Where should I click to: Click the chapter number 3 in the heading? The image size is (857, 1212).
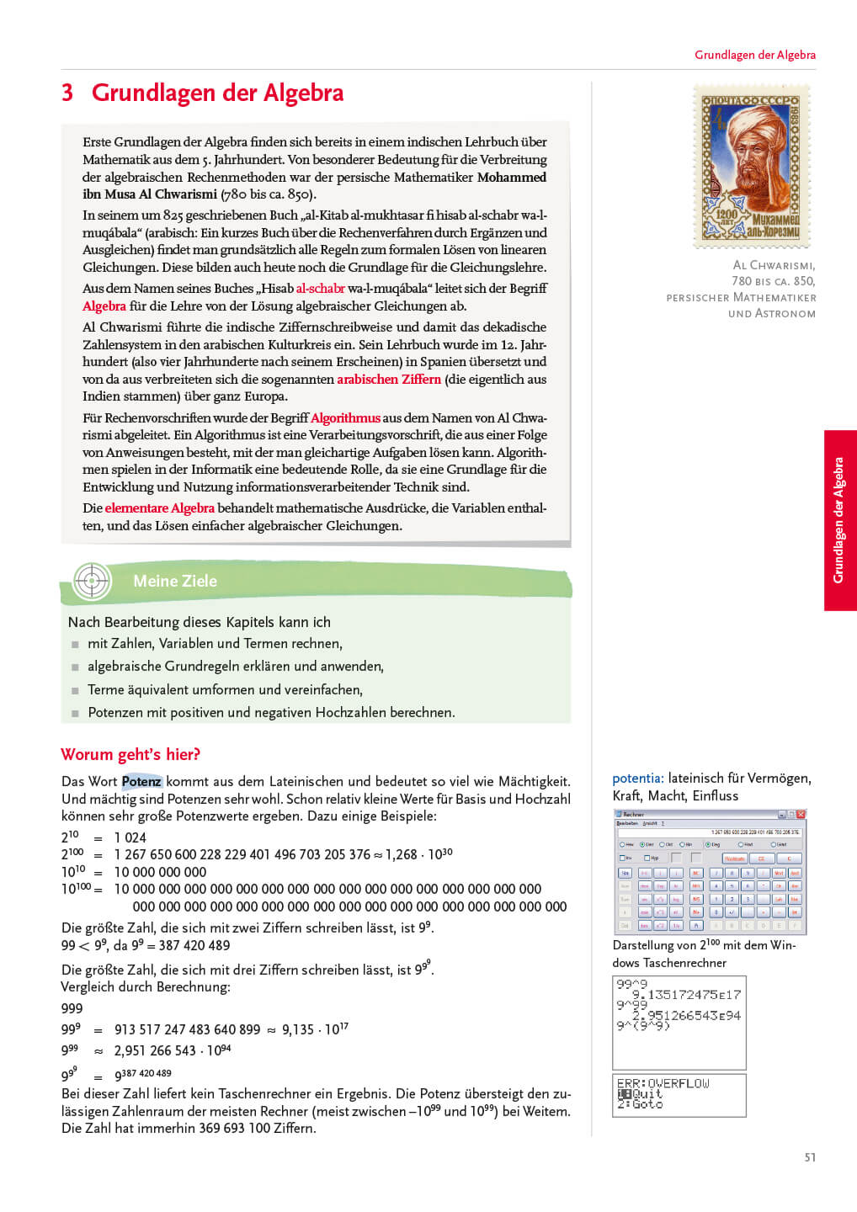click(67, 93)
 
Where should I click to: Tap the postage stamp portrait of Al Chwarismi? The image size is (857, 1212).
click(751, 166)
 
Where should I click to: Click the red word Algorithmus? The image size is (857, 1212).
click(345, 417)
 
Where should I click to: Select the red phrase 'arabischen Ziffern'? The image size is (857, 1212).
click(389, 379)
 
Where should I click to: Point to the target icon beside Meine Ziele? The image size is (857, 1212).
click(92, 580)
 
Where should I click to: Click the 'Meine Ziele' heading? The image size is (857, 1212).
click(175, 581)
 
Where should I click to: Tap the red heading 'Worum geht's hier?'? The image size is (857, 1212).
click(130, 754)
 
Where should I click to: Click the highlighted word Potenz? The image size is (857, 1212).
click(141, 781)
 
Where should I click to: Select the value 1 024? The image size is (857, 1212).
click(130, 837)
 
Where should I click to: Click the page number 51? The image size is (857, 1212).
click(810, 1157)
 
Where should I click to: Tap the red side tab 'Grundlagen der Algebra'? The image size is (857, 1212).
click(839, 520)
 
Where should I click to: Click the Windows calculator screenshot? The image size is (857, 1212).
click(710, 872)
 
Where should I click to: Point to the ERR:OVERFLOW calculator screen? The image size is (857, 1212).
click(679, 1094)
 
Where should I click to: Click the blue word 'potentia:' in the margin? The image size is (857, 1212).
click(638, 779)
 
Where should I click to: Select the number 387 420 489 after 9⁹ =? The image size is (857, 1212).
click(194, 945)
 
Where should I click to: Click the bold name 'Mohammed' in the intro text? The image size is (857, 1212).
click(511, 177)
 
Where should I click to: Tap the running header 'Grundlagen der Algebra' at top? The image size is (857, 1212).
click(754, 55)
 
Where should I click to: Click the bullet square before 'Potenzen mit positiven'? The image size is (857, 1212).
click(75, 713)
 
